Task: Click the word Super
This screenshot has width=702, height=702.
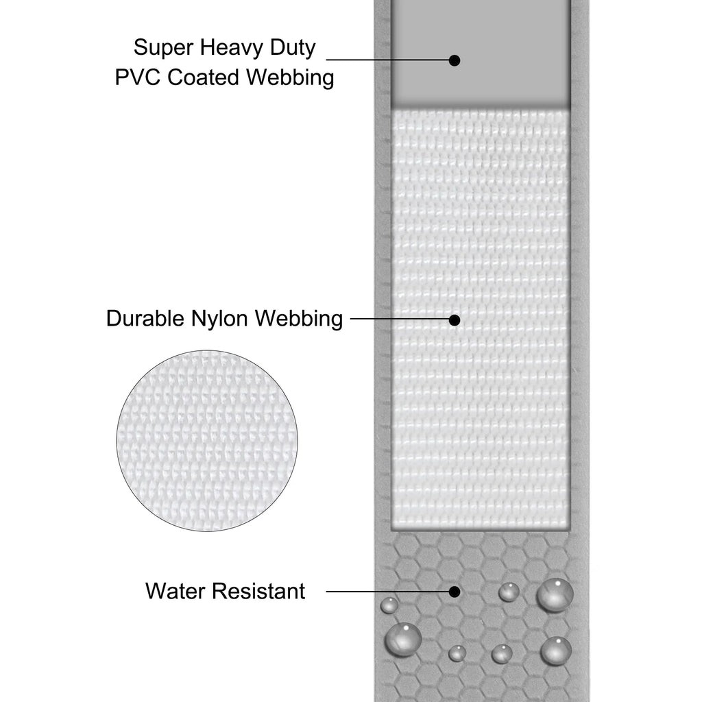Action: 163,47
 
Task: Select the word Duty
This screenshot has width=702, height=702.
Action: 293,47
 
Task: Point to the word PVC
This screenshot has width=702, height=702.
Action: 137,77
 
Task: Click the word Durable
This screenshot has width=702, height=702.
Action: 145,319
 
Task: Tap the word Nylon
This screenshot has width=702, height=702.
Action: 220,319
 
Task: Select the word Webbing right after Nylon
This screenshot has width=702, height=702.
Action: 299,319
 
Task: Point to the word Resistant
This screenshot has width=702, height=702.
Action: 258,591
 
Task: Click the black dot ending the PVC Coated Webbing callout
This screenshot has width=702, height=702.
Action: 455,60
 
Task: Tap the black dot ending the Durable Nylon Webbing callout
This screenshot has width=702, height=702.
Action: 455,319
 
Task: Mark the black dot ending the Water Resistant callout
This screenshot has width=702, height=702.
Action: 455,592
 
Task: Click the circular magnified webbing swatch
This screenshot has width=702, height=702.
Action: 207,441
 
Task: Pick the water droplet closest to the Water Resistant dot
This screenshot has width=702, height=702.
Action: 509,592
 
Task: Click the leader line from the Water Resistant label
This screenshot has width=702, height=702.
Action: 388,592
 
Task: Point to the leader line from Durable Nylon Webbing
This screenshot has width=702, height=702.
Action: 400,319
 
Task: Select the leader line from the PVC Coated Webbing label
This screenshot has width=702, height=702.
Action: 388,59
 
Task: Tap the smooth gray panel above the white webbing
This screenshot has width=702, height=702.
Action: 481,53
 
